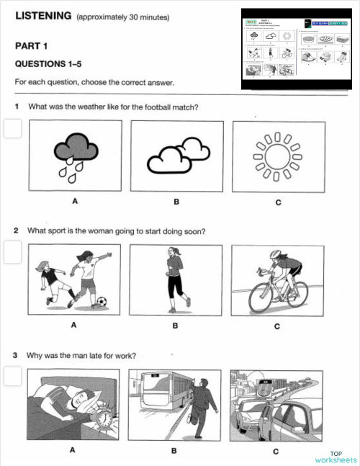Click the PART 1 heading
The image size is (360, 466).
click(x=34, y=46)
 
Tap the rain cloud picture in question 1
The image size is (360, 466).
click(x=74, y=155)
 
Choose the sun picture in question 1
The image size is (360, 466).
click(x=277, y=155)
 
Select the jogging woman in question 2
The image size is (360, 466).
click(x=175, y=278)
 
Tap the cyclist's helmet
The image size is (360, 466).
click(x=278, y=255)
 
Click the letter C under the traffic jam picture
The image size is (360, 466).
click(x=277, y=451)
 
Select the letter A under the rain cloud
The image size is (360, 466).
click(x=74, y=200)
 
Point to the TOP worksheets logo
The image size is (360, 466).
click(x=336, y=456)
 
